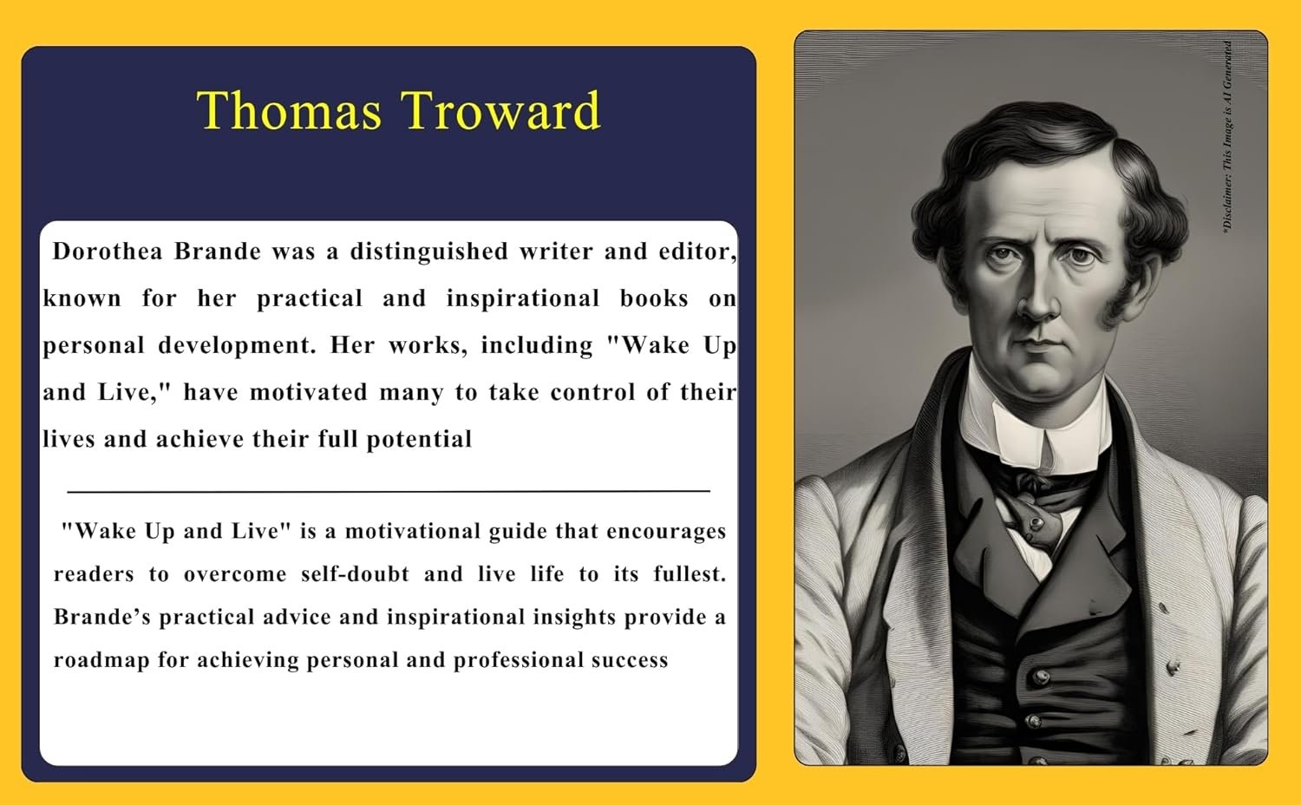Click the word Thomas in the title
tap(289, 110)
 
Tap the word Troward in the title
tap(500, 110)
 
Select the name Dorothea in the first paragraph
tap(108, 252)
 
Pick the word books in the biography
tap(654, 298)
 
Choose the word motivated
tap(309, 393)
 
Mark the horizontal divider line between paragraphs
tap(389, 491)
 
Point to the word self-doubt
tap(355, 574)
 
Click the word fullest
tap(690, 574)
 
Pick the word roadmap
tap(101, 661)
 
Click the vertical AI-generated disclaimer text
tap(1227, 137)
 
